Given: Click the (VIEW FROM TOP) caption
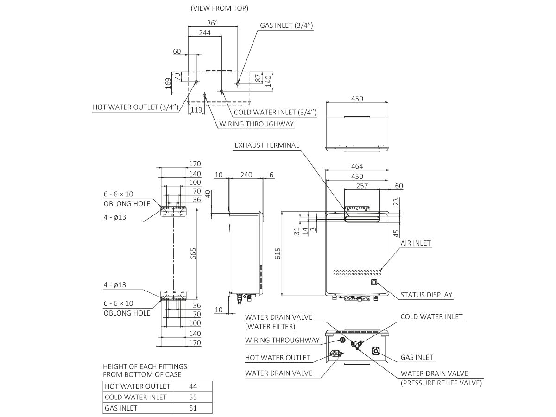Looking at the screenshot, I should [x=219, y=8].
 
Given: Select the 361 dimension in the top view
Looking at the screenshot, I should [x=213, y=23].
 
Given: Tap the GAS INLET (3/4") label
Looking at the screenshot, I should [x=287, y=26].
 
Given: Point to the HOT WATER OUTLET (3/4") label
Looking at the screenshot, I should [x=136, y=107].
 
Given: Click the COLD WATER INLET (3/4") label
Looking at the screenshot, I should [x=275, y=112].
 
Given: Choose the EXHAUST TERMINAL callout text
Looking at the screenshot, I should [x=266, y=145].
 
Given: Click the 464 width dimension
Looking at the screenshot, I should [x=357, y=166].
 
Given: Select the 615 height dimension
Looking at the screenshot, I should [x=278, y=254].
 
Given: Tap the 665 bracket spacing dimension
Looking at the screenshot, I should [x=193, y=253].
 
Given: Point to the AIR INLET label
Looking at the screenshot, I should [x=416, y=243].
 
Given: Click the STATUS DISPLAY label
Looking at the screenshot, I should [x=426, y=295].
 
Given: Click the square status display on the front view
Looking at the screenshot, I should [x=374, y=282].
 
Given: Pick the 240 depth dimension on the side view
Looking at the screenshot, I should [x=246, y=175].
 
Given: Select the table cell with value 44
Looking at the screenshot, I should [x=193, y=386].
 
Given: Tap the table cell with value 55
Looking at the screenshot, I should [x=193, y=397].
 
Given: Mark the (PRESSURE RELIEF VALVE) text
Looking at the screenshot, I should [x=441, y=383].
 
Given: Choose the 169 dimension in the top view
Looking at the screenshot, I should [x=168, y=83].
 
